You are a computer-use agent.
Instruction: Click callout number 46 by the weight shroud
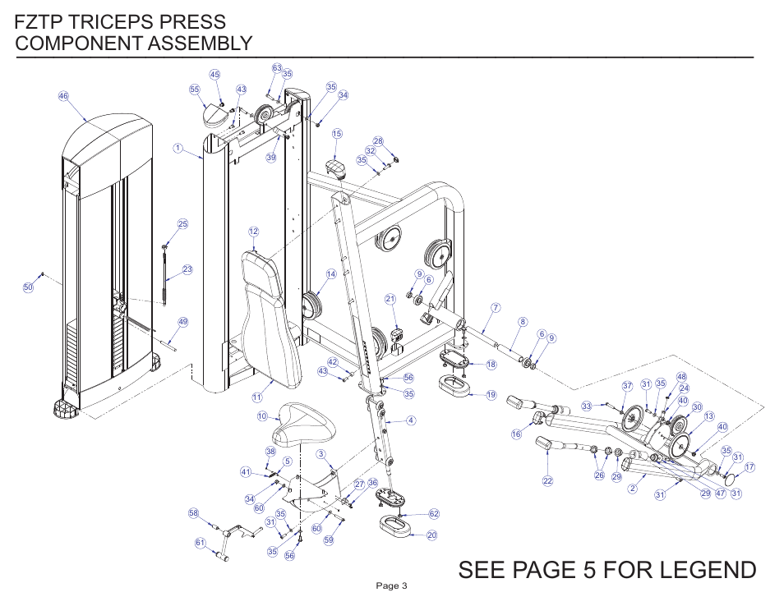(x=62, y=96)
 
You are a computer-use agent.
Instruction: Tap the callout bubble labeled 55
(x=195, y=90)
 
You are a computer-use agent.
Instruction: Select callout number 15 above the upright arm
(x=337, y=133)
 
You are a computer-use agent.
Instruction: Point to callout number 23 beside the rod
(x=187, y=269)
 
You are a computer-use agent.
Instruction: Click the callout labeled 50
(x=28, y=287)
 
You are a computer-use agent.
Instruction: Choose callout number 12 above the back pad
(x=254, y=232)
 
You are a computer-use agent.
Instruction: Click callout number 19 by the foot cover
(x=491, y=395)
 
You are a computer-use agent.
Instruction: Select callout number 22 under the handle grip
(x=547, y=480)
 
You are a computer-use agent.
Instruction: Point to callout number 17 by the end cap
(x=749, y=467)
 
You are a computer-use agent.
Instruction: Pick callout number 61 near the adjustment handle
(x=200, y=542)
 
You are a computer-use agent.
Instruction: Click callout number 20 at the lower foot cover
(x=431, y=535)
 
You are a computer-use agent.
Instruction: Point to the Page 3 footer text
(x=391, y=585)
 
